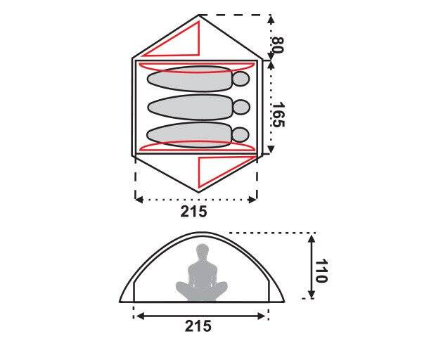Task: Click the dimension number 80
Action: [277, 45]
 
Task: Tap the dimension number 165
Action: [278, 115]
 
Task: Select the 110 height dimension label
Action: [321, 271]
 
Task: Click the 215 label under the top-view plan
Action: [194, 212]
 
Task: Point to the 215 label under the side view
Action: [198, 326]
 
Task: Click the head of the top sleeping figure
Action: [241, 79]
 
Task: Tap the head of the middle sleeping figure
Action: [241, 107]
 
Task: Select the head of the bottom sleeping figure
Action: [241, 134]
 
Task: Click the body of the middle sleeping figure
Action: [190, 108]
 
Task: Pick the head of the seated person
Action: [203, 251]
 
